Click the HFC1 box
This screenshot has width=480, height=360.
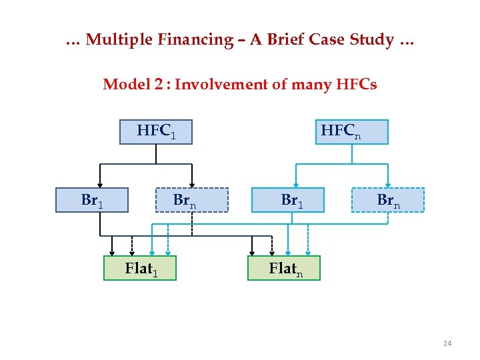(x=155, y=131)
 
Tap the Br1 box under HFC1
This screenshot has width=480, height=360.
(x=92, y=200)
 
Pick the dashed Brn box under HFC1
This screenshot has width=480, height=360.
(x=192, y=200)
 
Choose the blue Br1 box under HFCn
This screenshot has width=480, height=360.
(x=288, y=200)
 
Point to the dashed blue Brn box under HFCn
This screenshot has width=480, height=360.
(x=388, y=200)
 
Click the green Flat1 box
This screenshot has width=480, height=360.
(x=140, y=268)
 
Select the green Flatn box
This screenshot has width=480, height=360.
(x=284, y=268)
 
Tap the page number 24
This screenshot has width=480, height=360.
(x=447, y=343)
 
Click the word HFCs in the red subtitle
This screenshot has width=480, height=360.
(x=356, y=85)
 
